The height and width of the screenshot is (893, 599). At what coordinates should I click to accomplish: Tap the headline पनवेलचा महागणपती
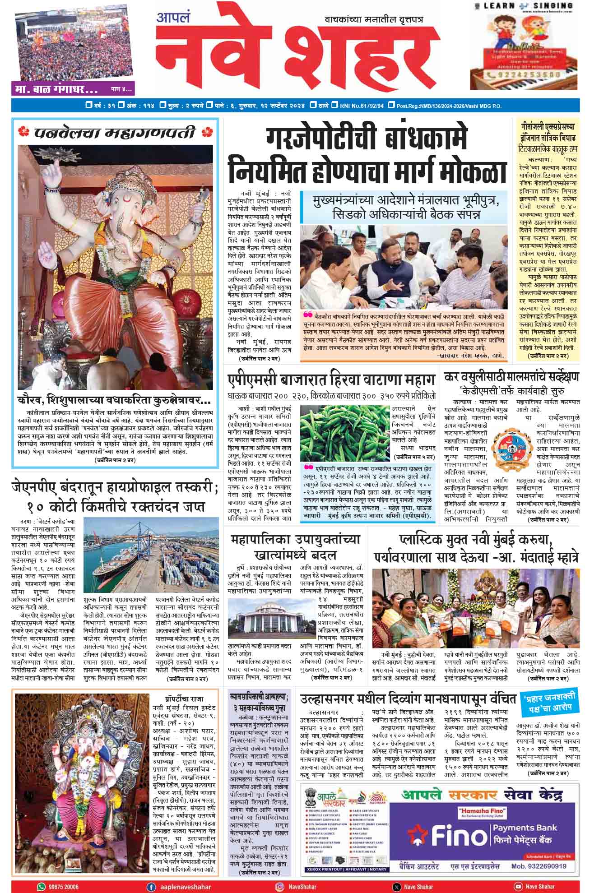tap(115, 133)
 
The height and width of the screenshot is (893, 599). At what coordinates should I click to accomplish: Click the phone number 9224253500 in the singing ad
tap(523, 74)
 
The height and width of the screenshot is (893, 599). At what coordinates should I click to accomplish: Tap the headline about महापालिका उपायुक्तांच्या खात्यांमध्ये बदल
tap(295, 546)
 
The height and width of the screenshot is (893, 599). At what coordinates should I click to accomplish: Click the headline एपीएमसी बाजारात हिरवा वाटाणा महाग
tap(331, 380)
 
